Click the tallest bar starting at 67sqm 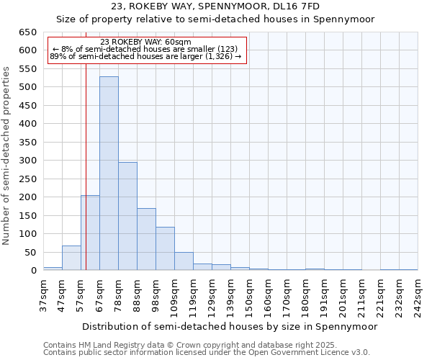(x=109, y=174)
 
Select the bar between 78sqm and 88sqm (x=127, y=216)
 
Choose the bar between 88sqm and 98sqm (x=146, y=239)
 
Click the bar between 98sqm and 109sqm (x=165, y=248)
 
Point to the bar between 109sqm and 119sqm (x=184, y=261)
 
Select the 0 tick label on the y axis (x=33, y=271)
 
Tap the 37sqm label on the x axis (x=44, y=295)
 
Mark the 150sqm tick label (x=250, y=295)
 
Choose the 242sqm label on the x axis (x=418, y=295)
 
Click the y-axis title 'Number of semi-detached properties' (x=7, y=156)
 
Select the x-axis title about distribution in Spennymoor (x=230, y=326)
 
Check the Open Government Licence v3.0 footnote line (x=207, y=352)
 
